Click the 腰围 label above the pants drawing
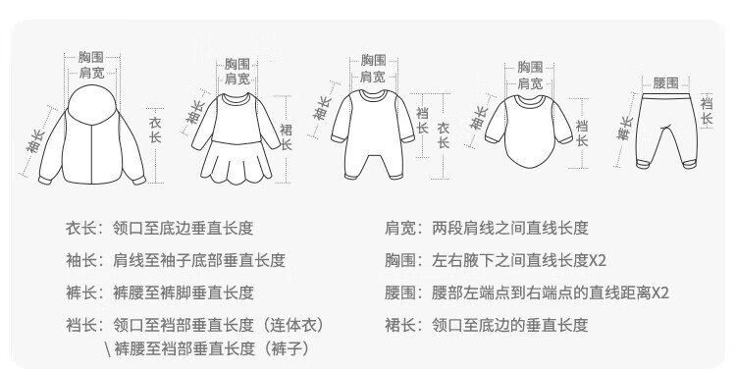[x=665, y=82]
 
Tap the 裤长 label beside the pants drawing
[x=625, y=129]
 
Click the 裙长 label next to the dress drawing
[x=286, y=137]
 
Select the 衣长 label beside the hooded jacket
[x=155, y=131]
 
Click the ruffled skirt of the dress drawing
[x=237, y=163]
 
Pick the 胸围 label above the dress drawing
[x=237, y=64]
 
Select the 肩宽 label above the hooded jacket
[x=91, y=73]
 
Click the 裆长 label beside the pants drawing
[x=707, y=110]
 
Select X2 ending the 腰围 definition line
[x=660, y=292]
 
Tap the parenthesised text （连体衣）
[x=291, y=325]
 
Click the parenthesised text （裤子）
[x=287, y=348]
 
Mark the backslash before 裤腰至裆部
[x=108, y=349]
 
